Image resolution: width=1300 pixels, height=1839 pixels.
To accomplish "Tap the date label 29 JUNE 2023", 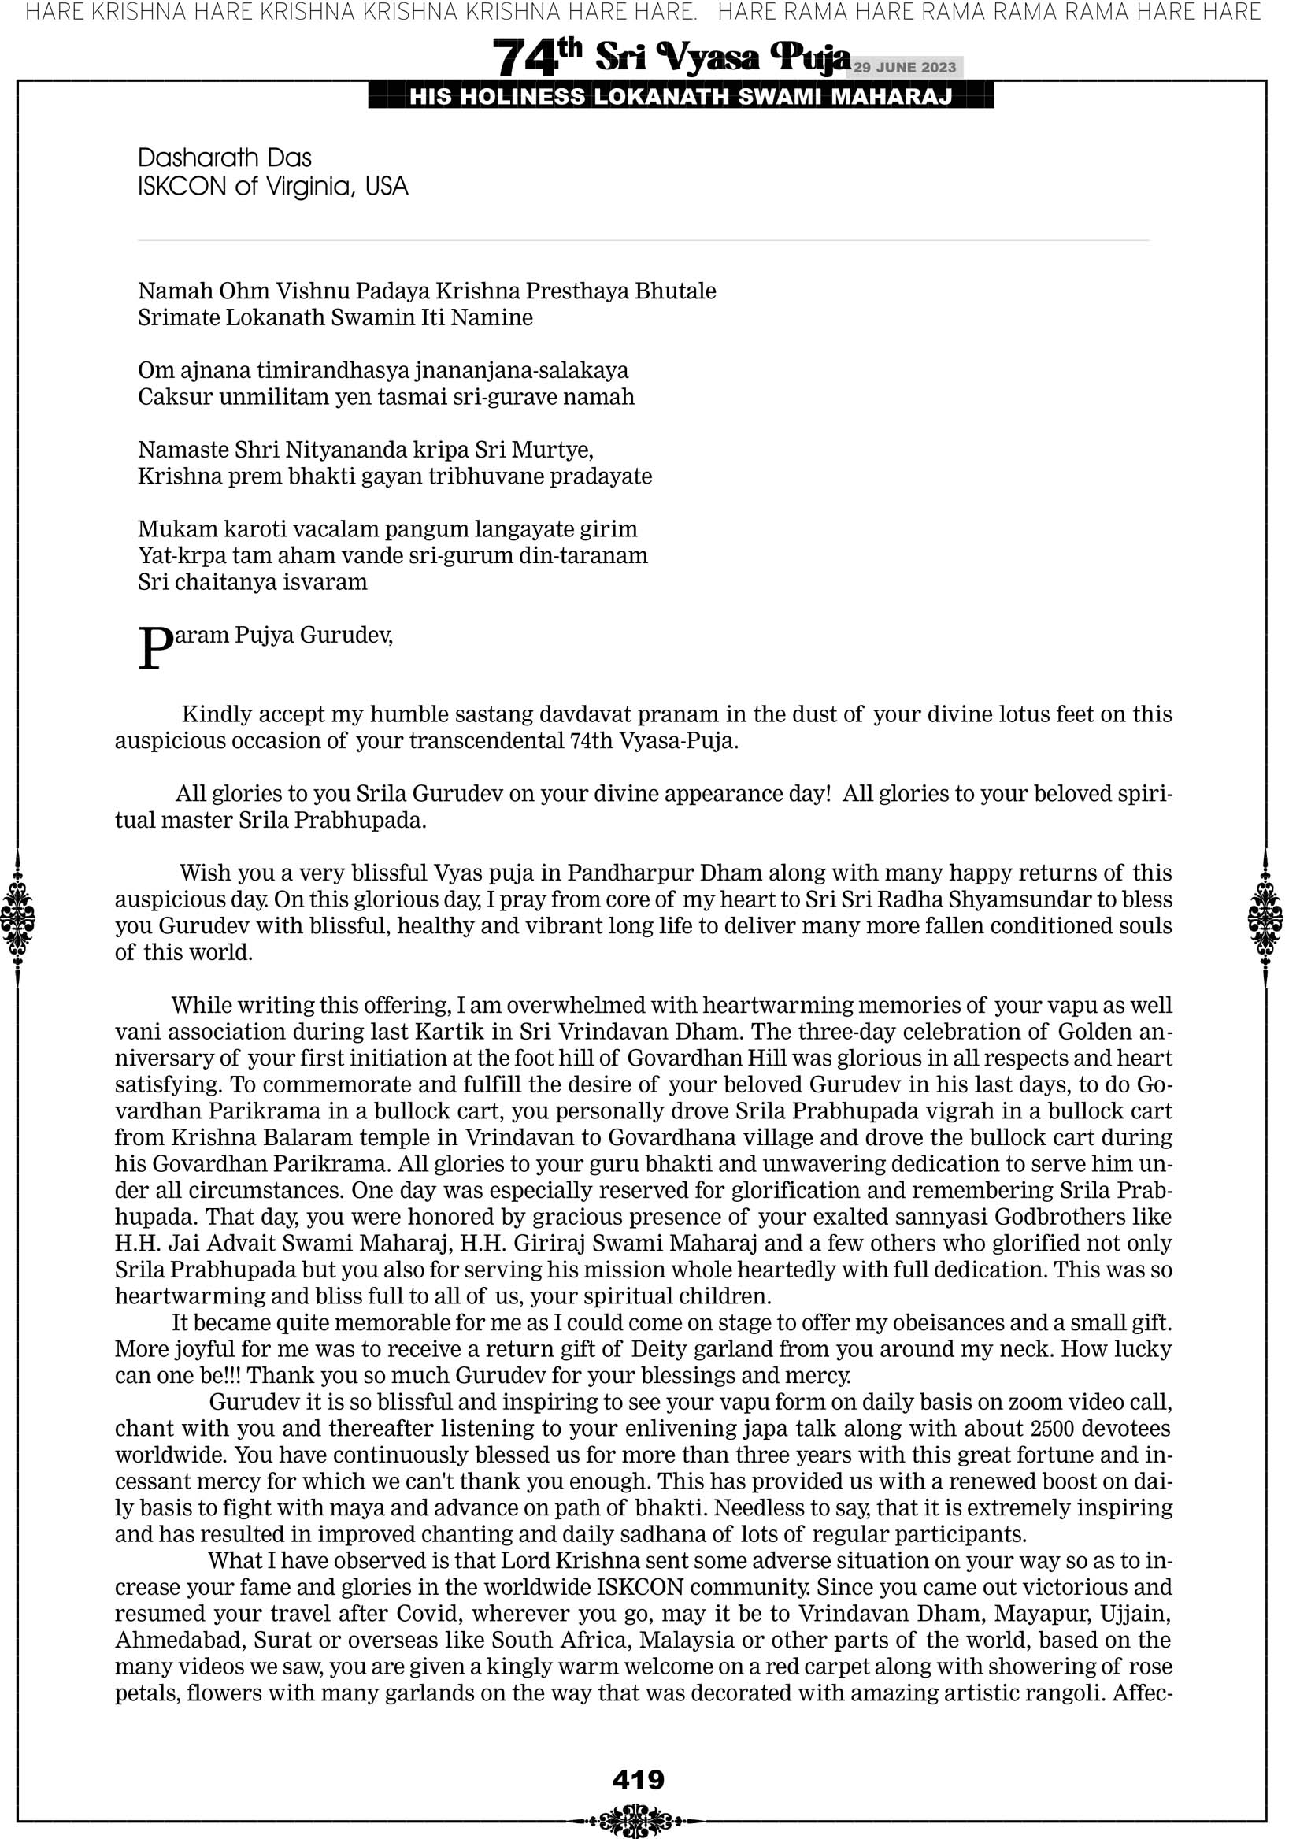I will point(904,67).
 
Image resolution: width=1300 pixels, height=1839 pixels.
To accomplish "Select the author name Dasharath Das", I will point(224,158).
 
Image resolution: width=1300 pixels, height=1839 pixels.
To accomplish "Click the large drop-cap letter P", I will point(154,648).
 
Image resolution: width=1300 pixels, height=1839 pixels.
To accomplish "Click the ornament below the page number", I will point(638,1821).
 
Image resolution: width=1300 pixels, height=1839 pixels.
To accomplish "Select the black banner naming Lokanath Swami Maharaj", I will point(681,97).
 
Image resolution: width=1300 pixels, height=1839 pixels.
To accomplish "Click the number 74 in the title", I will point(524,58).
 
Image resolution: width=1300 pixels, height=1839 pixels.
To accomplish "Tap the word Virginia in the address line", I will point(307,187).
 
